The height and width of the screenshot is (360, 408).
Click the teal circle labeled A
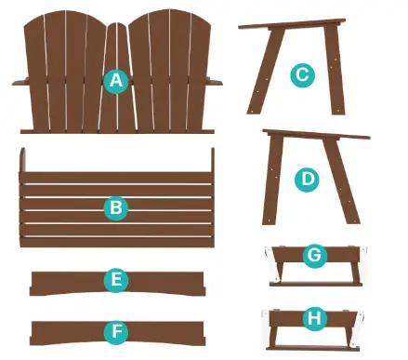tap(115, 81)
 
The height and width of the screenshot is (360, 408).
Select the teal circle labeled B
tap(115, 207)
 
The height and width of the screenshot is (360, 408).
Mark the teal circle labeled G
tap(314, 254)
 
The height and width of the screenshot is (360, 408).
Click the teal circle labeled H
tap(314, 318)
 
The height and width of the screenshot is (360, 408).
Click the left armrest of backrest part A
tap(25, 83)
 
